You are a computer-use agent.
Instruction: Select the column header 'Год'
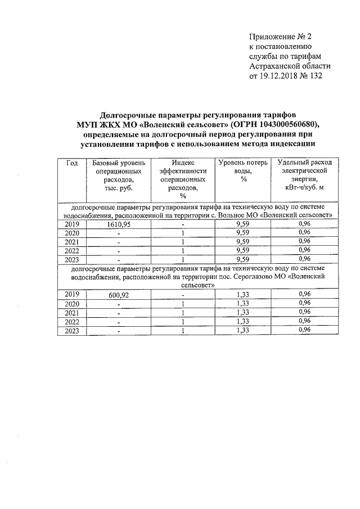click(x=71, y=163)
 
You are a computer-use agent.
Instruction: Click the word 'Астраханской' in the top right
click(x=272, y=66)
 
